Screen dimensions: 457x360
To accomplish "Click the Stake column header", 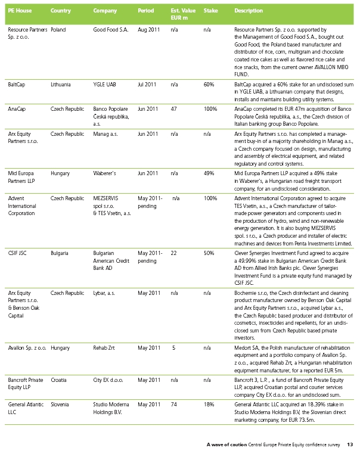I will (x=210, y=11).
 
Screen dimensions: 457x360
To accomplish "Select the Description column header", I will (x=249, y=11).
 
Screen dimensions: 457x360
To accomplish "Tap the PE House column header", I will (x=20, y=11).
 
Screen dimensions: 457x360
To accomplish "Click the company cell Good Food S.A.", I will (x=108, y=29).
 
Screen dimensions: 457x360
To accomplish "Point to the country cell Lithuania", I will (x=61, y=85).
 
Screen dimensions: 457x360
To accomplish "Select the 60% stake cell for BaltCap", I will (x=209, y=85).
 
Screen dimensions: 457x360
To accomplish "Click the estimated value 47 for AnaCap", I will (x=173, y=109).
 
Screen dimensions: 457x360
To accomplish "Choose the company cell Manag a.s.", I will (x=105, y=134).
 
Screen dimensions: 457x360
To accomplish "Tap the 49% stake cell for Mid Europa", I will (x=209, y=173).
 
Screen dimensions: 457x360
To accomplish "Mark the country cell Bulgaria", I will (x=61, y=253).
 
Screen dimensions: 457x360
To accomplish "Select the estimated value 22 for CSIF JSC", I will (x=173, y=253).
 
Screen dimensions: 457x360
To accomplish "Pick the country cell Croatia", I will (x=59, y=380).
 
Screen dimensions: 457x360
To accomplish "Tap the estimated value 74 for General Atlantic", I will (x=173, y=404).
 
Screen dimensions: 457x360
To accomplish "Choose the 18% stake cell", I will (x=209, y=404).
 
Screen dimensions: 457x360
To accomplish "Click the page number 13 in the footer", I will (x=350, y=444).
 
